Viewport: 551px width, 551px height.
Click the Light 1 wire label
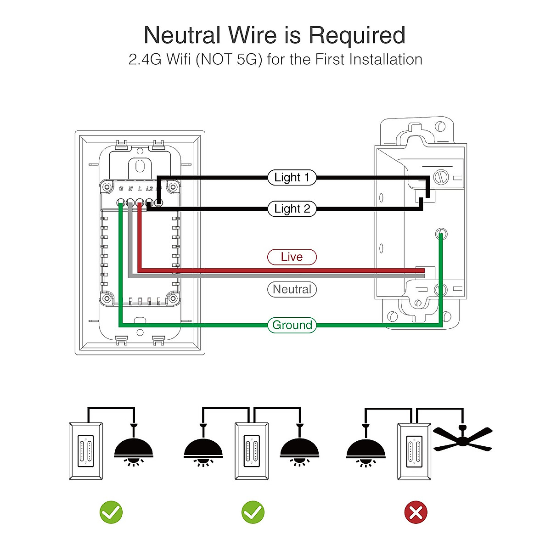(x=292, y=177)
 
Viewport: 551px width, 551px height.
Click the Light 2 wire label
(x=292, y=208)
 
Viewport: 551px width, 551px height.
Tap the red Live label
(x=292, y=257)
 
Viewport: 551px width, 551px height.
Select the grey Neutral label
(x=292, y=289)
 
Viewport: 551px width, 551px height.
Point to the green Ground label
(x=292, y=325)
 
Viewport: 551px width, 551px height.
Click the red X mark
(x=416, y=512)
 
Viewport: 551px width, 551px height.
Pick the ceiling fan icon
(x=463, y=439)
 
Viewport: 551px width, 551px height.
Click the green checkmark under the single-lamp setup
(x=111, y=512)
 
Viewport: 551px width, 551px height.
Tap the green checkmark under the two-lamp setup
(x=253, y=512)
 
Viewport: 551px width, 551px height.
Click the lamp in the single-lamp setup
(x=133, y=448)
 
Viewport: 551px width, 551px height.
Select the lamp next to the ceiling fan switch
(x=365, y=448)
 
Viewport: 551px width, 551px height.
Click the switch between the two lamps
(x=252, y=451)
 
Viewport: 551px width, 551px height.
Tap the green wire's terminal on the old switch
(x=441, y=234)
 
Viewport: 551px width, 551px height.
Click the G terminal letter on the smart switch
(x=121, y=189)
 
